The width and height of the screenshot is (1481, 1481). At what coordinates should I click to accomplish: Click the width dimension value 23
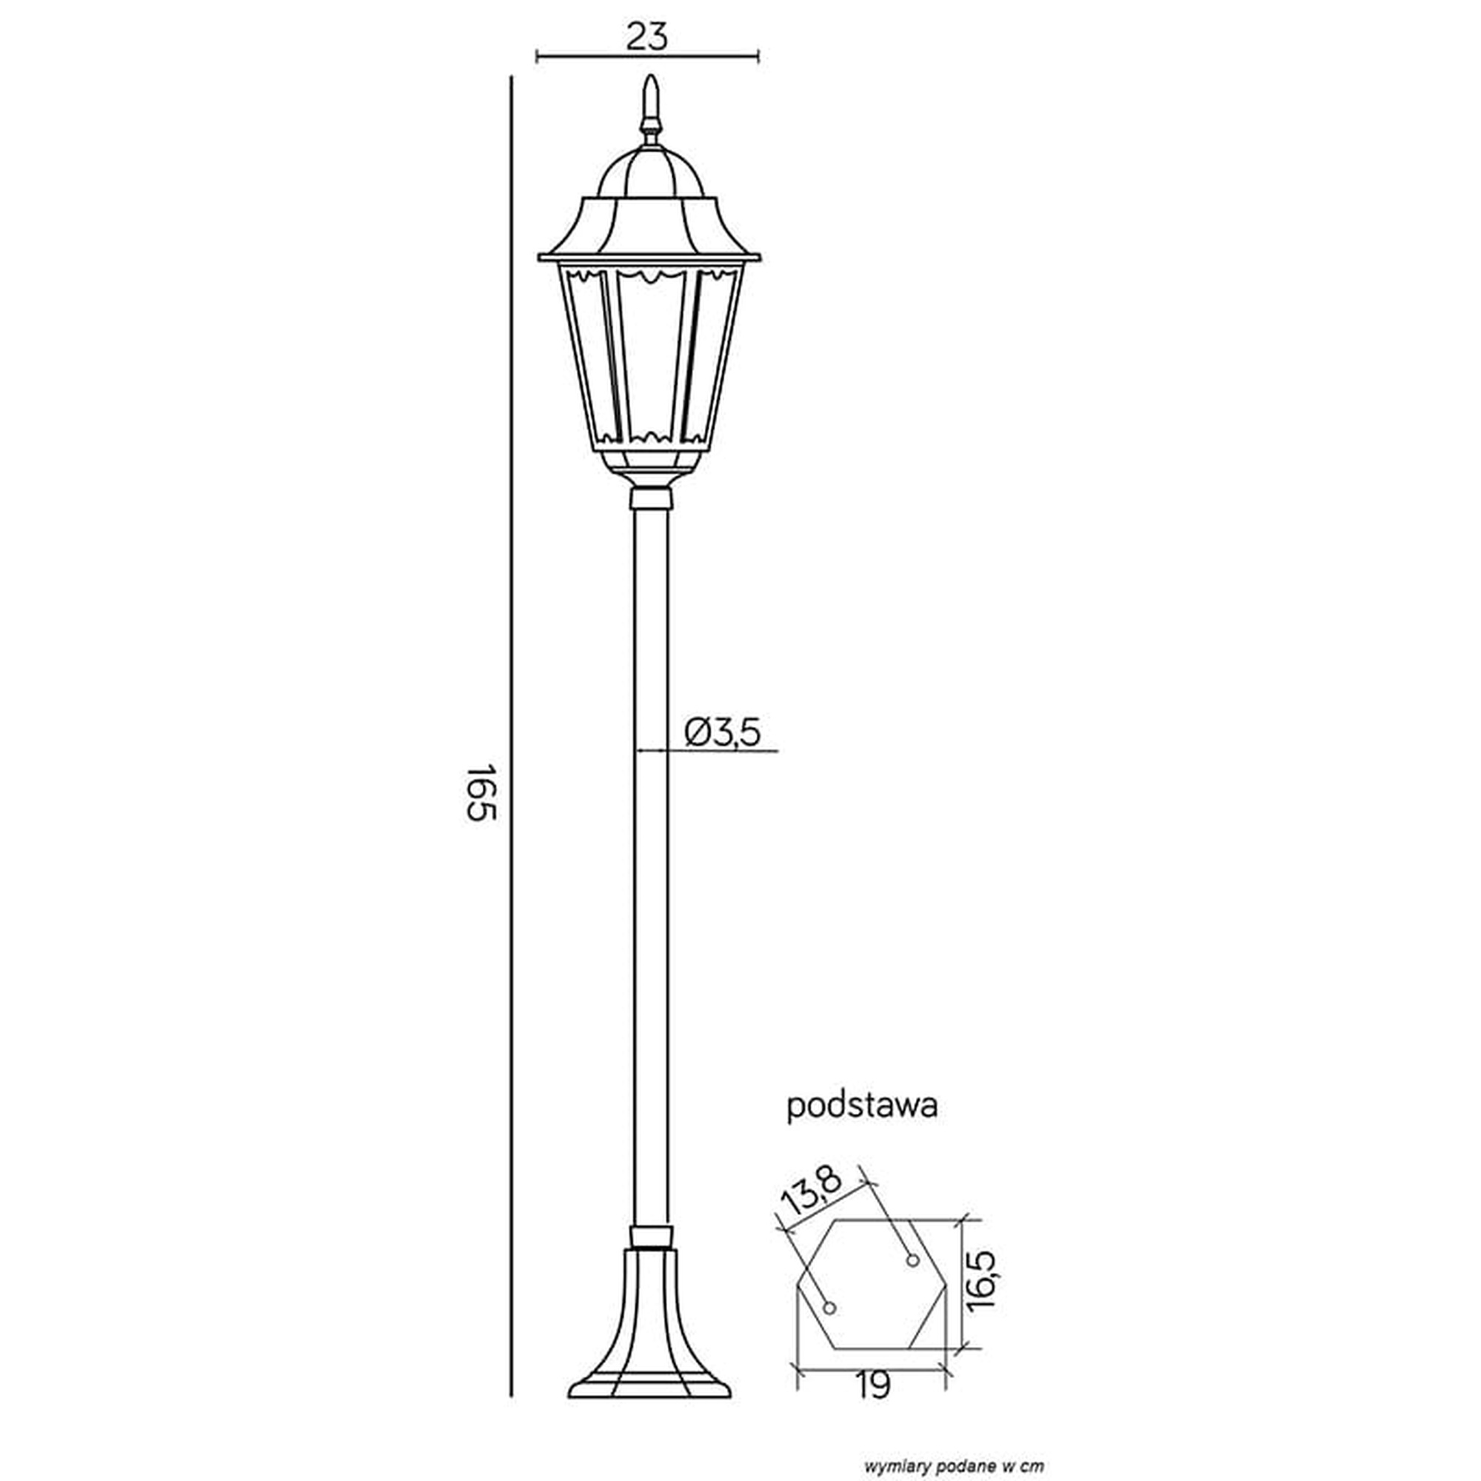pos(647,36)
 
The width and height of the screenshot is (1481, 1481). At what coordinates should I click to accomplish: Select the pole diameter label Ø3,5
pos(723,733)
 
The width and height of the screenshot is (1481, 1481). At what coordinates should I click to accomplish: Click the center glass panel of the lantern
pos(650,356)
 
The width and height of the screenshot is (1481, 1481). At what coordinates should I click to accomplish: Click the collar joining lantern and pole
pos(650,498)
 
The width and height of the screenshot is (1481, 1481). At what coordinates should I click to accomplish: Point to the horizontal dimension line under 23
pos(647,56)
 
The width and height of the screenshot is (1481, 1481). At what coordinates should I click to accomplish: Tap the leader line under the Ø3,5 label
pos(706,750)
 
